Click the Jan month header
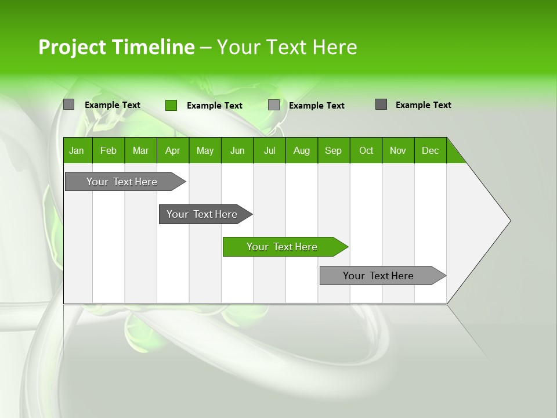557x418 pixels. tap(77, 150)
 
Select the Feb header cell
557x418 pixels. tap(108, 150)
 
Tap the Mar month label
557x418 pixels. tap(140, 150)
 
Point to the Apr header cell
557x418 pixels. tap(172, 150)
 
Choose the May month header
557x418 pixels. tap(205, 150)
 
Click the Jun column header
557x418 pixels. tap(237, 150)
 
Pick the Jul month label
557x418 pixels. tap(269, 150)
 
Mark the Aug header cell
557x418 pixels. tap(302, 150)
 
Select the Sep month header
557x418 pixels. tap(334, 150)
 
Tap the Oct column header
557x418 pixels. tap(366, 150)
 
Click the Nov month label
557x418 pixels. tap(398, 150)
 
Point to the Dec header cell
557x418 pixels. tap(431, 150)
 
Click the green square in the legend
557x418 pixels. tap(171, 105)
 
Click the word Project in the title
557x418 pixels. tap(73, 47)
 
